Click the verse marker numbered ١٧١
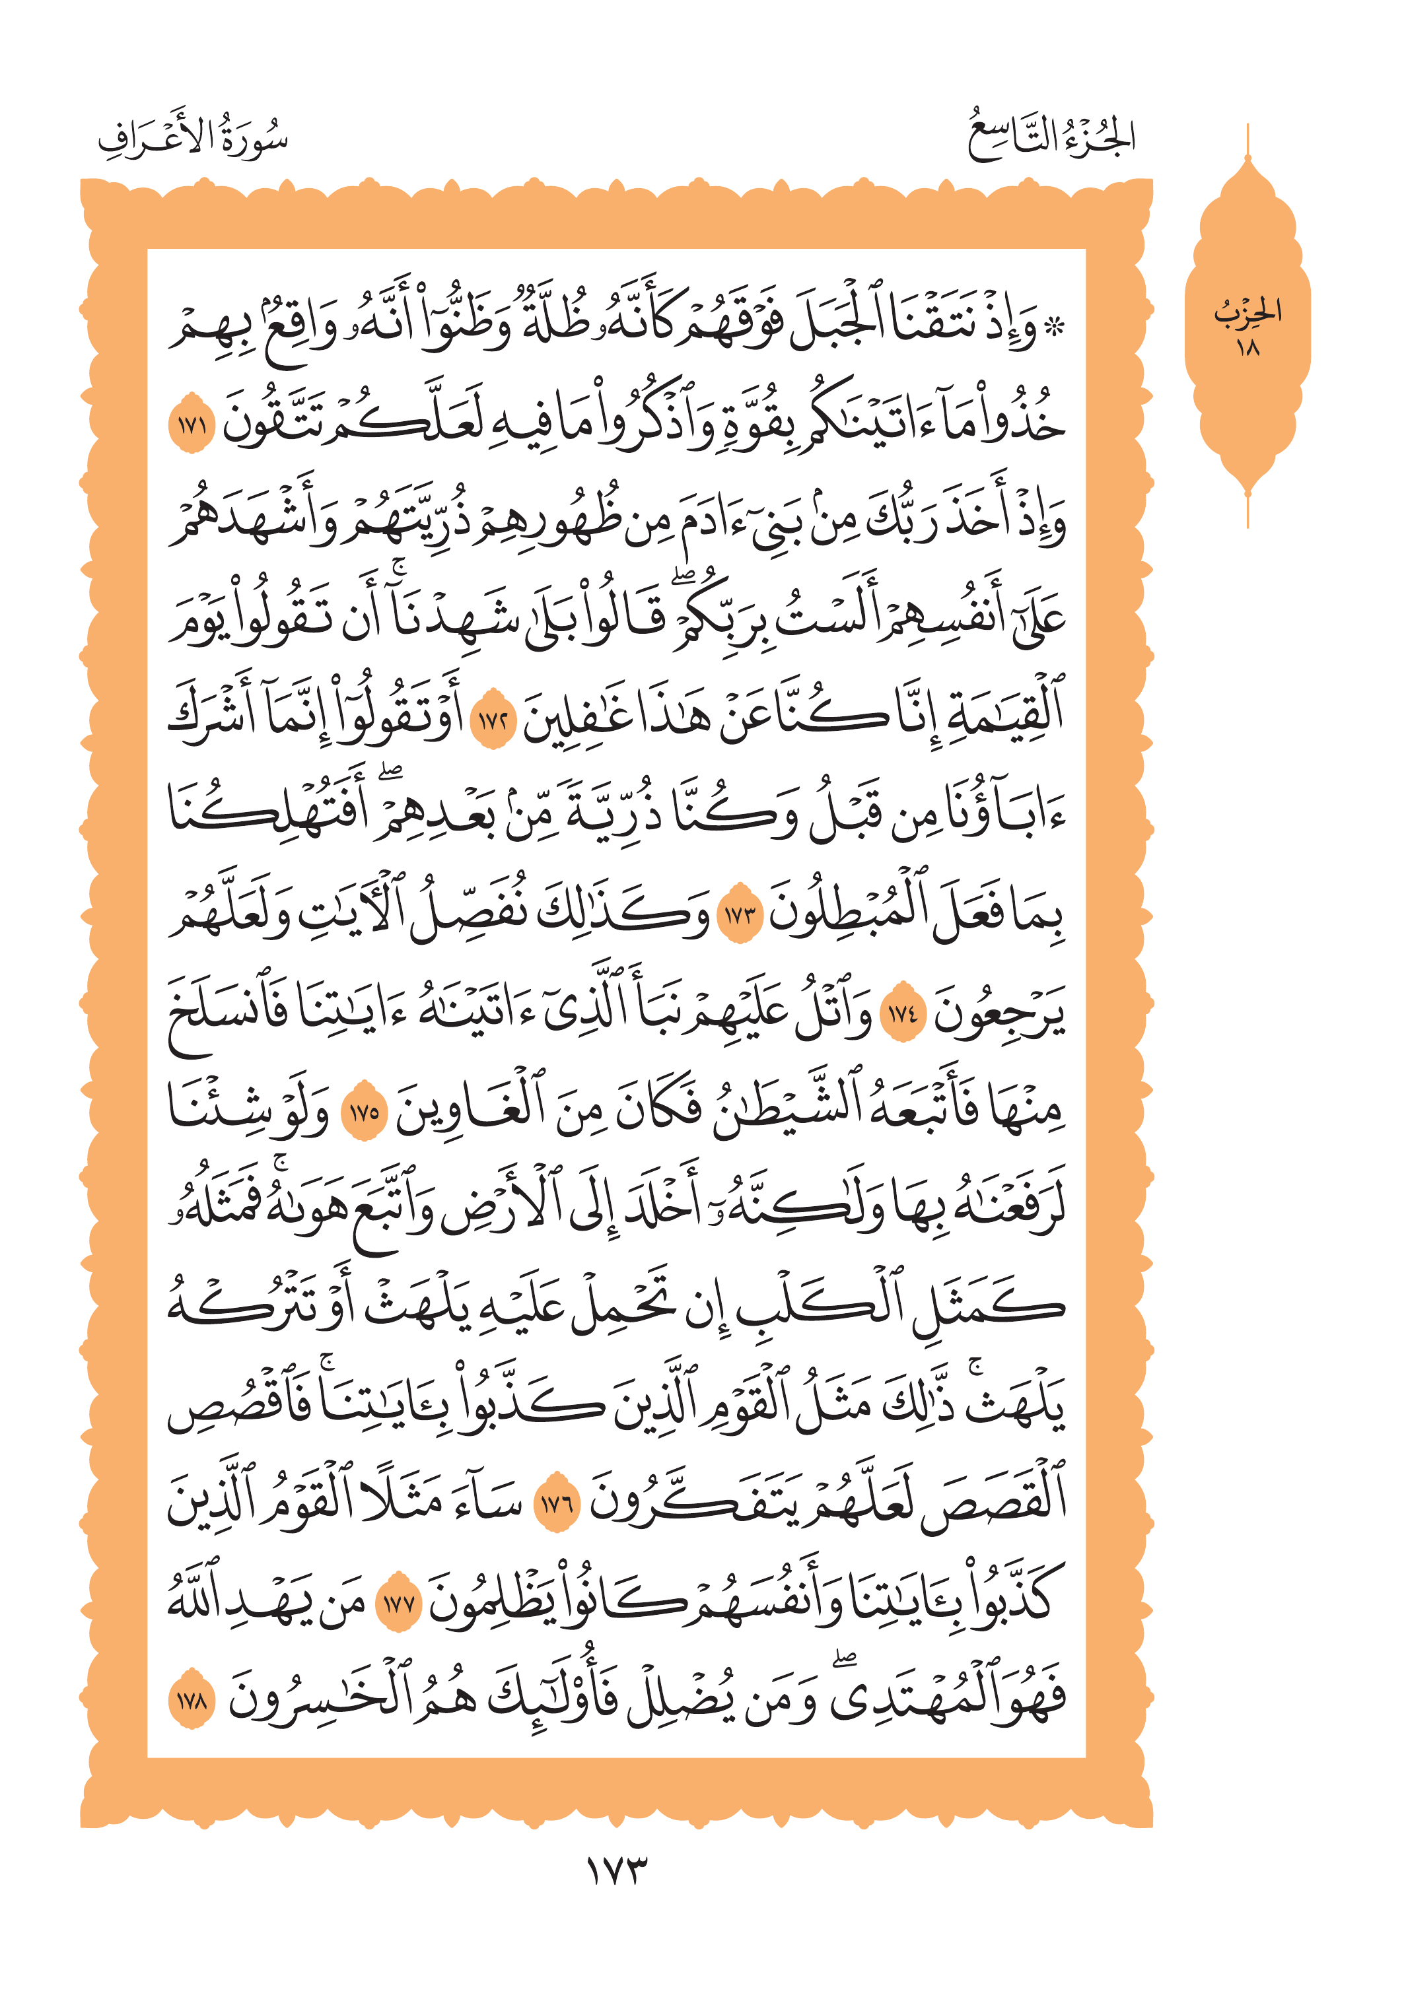pos(192,426)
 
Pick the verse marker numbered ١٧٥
pos(363,1114)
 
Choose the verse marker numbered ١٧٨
pos(192,1702)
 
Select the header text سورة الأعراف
pos(193,138)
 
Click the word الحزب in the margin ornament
pos(1247,310)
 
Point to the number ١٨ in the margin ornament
pos(1247,347)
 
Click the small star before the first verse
pos(1056,329)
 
